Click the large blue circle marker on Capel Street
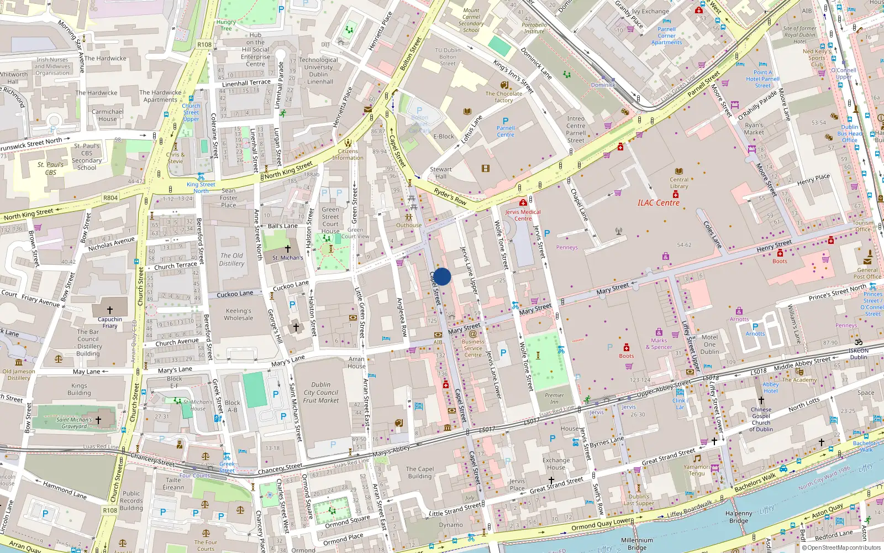[x=442, y=276]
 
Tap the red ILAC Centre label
[x=659, y=203]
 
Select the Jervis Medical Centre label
[x=523, y=215]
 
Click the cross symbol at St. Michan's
[x=287, y=249]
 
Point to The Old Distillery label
[x=231, y=259]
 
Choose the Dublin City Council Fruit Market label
[x=321, y=392]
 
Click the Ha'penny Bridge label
[x=739, y=517]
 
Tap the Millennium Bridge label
[x=636, y=544]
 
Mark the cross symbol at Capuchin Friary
[x=109, y=310]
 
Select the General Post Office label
[x=867, y=273]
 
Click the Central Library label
[x=679, y=182]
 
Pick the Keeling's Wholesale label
[x=239, y=314]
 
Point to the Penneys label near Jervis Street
[x=567, y=247]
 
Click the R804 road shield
[x=110, y=197]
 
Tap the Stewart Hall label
[x=441, y=173]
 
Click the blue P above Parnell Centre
[x=505, y=121]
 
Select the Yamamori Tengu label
[x=697, y=470]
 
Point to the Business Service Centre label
[x=473, y=348]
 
